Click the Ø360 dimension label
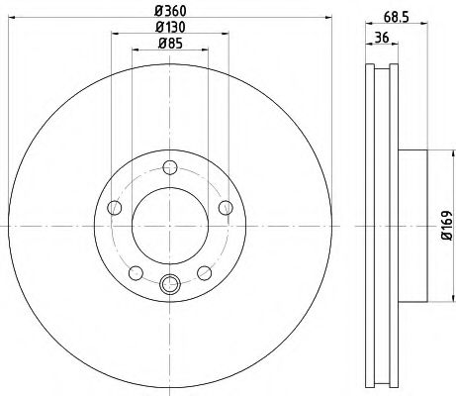169,11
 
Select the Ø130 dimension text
169,28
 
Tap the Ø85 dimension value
169,45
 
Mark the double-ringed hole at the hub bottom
169,286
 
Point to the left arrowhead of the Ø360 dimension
13,21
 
